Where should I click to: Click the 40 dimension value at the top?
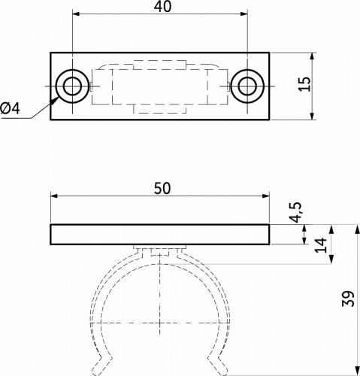(162, 7)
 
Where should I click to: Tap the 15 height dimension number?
(305, 84)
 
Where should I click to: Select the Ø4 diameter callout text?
(10, 108)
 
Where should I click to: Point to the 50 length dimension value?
(162, 189)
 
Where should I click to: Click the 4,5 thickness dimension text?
(296, 212)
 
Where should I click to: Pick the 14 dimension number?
(321, 245)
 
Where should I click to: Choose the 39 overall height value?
(348, 299)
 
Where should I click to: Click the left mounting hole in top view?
(72, 86)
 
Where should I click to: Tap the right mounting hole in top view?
(247, 86)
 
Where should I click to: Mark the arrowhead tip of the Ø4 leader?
(59, 97)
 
